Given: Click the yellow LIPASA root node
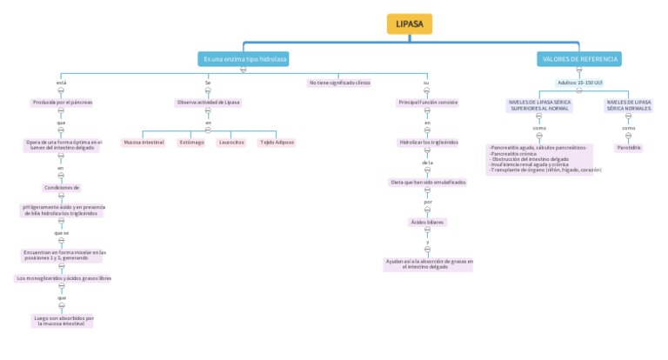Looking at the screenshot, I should tap(410, 24).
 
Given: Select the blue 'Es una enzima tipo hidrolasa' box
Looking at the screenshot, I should tap(244, 59).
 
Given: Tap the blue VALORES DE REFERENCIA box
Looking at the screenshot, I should tap(579, 59).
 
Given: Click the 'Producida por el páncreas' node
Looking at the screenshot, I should tap(62, 103).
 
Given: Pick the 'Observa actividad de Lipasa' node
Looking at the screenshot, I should tap(208, 103).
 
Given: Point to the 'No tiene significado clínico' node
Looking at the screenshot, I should tap(339, 83).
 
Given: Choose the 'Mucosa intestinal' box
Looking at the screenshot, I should tap(144, 142).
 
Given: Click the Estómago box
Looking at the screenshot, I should tap(191, 142).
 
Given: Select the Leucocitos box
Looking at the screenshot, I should tap(231, 142).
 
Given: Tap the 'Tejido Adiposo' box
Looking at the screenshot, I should tap(277, 142).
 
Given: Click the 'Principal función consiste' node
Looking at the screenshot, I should tap(427, 103).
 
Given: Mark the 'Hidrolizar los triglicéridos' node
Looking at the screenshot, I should tap(427, 142).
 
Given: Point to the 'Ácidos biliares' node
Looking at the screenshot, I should tap(427, 222).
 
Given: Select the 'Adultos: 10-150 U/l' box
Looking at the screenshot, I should tap(579, 83).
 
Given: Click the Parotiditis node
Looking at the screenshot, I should tap(628, 148).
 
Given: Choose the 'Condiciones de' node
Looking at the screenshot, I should tap(62, 187).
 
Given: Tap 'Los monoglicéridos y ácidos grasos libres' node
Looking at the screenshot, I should tap(63, 278).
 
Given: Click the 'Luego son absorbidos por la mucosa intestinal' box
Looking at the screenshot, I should tap(63, 321).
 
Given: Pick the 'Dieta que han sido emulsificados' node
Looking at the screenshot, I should tap(427, 182).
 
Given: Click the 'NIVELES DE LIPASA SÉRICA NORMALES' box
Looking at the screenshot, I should tap(628, 105).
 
